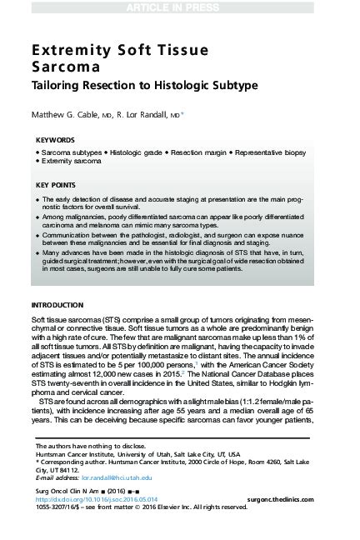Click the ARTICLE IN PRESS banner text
coord(179,7)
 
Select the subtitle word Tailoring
coord(57,85)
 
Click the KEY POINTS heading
coord(55,184)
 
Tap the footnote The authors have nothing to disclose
coord(78,447)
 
